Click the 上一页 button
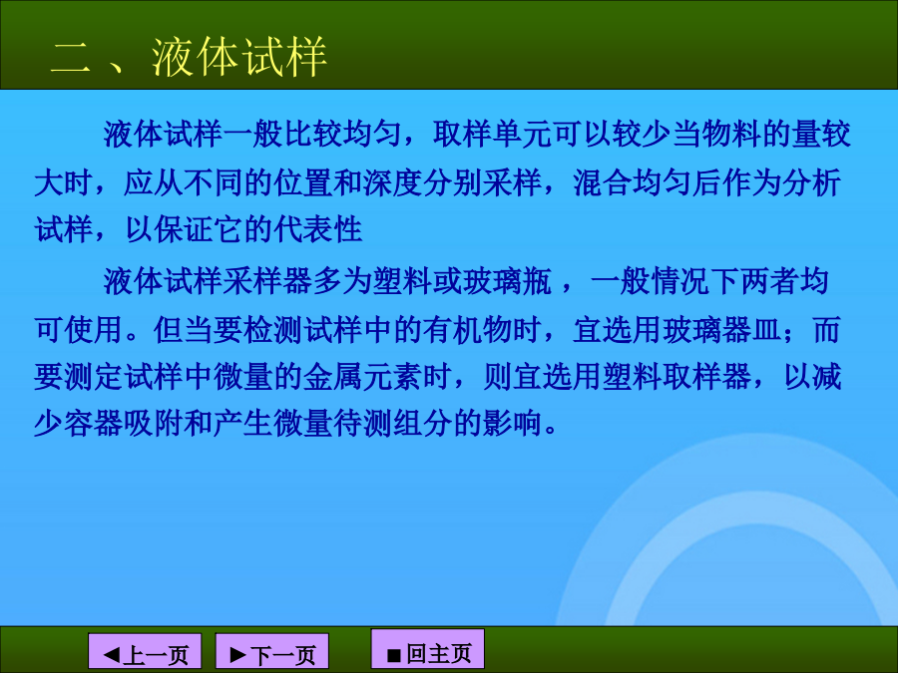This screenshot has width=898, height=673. coord(145,651)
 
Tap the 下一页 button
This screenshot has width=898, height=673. coord(272,651)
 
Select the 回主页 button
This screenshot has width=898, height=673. coord(428,648)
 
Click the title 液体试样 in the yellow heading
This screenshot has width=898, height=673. coord(238,57)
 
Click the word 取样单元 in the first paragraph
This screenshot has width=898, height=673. coord(492,134)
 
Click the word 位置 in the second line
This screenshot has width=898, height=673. coord(303,182)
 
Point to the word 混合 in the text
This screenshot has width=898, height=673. coord(602,182)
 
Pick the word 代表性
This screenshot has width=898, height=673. coord(318,229)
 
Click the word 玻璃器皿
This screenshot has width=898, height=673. coord(721,330)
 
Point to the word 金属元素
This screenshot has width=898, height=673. coord(362,377)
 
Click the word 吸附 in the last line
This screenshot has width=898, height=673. coord(154,423)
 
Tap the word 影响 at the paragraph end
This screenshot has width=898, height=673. coord(513,423)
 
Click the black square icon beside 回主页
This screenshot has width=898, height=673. coord(393,655)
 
